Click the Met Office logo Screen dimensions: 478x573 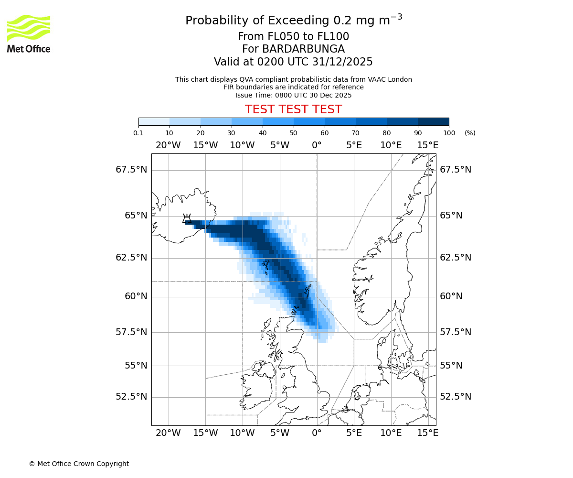tap(29, 33)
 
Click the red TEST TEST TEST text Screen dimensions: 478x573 tap(293, 109)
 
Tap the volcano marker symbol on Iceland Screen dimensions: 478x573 tap(187, 219)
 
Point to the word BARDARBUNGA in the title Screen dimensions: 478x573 tap(293, 49)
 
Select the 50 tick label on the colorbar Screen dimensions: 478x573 tap(294, 133)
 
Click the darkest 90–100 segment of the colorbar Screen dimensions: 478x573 tap(433, 121)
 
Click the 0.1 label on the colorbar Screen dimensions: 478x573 tap(138, 133)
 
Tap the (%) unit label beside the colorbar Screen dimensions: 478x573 tap(470, 133)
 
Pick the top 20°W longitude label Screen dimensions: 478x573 tap(168, 145)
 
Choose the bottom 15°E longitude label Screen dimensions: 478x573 tap(428, 433)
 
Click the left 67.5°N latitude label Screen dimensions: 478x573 tap(131, 170)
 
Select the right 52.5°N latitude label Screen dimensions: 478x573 tap(456, 397)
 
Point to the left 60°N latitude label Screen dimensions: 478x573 tap(136, 296)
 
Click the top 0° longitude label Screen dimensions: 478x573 tap(317, 145)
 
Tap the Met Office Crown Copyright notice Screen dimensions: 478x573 tap(79, 464)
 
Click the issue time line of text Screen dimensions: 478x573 tap(293, 95)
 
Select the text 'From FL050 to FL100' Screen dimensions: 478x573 tap(293, 37)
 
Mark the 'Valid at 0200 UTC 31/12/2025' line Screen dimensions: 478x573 tap(293, 62)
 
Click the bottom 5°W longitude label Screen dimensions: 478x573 tap(280, 433)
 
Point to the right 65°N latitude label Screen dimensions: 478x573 tap(451, 216)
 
